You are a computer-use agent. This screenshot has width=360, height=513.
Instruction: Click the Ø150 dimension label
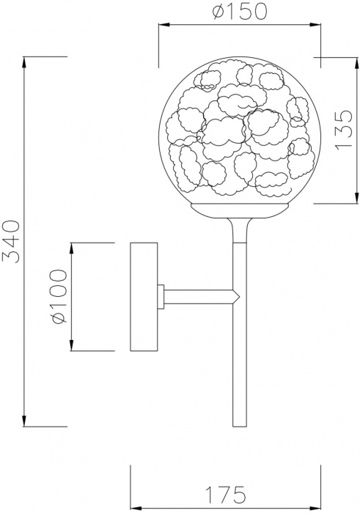(x=240, y=12)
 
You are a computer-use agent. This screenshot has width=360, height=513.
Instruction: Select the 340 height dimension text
(x=11, y=242)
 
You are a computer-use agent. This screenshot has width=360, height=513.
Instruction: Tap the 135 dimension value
(x=344, y=130)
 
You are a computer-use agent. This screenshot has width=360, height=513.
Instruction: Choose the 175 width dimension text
(x=225, y=494)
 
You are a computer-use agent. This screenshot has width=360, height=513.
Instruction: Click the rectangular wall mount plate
(x=144, y=297)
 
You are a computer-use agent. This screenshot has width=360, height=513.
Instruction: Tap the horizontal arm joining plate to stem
(x=198, y=297)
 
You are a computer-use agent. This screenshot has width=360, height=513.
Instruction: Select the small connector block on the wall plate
(x=161, y=297)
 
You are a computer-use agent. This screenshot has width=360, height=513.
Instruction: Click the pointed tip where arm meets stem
(x=240, y=297)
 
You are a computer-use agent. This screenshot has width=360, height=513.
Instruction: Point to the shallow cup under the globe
(x=240, y=210)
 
